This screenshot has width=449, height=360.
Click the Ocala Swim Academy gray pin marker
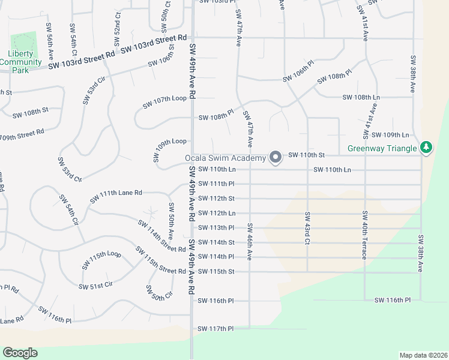coord(276,158)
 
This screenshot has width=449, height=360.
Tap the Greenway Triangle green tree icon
coord(426,147)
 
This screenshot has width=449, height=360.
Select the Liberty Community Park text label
coord(25,61)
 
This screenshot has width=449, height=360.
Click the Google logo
coord(20,353)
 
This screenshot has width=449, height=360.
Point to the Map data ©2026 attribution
coord(423,355)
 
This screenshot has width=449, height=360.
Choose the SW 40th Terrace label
coord(364,235)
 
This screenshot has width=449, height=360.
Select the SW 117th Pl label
coord(215,329)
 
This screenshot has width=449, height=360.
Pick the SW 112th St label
coord(215,199)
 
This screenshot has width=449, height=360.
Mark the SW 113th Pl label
coord(215,228)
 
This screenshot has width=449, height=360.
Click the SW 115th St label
coord(215,272)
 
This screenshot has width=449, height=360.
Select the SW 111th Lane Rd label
coord(116,196)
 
